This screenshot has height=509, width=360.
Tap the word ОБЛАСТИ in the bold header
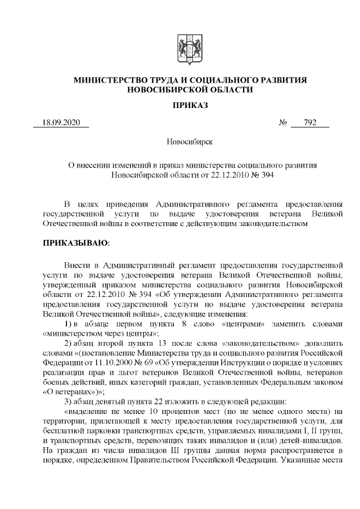229,90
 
